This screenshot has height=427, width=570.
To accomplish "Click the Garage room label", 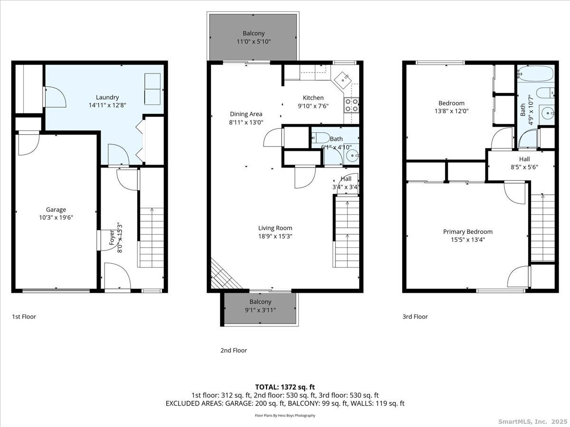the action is point(56,210).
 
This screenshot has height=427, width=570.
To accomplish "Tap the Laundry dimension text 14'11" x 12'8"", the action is point(107,105).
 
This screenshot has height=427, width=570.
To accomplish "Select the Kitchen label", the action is point(313,98).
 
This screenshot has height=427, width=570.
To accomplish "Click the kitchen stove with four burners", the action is point(351,105).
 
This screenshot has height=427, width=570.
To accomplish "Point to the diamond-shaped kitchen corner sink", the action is point(343,80).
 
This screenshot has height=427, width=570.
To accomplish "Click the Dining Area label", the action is point(246,114).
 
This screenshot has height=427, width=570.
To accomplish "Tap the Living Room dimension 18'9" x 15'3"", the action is point(275,236).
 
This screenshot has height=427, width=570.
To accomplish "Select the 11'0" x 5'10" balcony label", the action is point(254,41).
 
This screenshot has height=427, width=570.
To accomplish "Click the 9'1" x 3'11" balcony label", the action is point(260,310).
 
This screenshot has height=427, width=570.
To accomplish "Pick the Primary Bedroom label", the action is point(468,232).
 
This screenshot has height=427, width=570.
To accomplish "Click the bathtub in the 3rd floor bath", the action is point(535,74).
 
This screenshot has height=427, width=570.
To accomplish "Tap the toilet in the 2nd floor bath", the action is point(321,138).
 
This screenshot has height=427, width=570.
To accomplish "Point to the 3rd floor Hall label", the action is point(524,159).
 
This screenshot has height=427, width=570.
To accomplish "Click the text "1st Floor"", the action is point(24,316).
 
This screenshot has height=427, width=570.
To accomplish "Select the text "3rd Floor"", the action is point(415,316).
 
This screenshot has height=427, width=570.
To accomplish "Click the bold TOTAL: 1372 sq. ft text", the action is point(285,387).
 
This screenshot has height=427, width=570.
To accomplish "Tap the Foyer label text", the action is point(112,238).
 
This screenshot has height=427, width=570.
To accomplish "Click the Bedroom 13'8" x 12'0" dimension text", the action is point(452,111).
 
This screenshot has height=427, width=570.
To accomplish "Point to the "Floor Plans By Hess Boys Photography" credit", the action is point(285,415).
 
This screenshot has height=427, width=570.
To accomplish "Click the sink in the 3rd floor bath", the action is point(547,113).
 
